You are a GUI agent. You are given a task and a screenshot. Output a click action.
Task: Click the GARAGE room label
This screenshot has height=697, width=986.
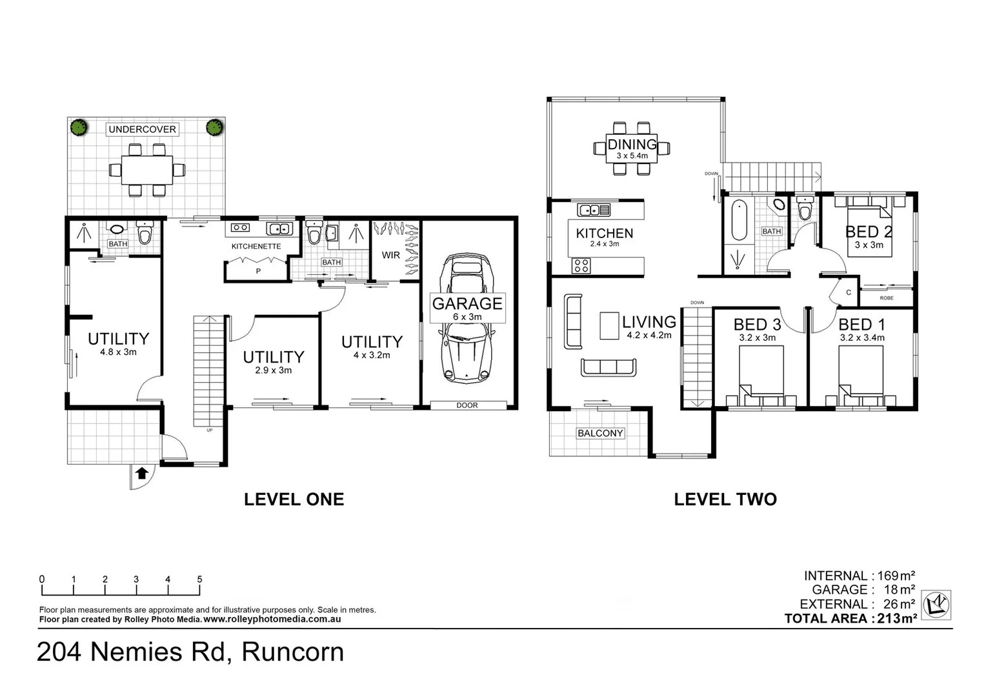coord(467,303)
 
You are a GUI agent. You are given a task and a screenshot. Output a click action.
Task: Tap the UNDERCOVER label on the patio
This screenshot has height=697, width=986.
coord(142,129)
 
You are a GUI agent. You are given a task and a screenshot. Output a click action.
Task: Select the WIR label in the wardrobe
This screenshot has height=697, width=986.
coord(390,255)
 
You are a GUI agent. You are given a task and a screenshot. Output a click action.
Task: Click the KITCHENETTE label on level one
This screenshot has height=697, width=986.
coord(256,247)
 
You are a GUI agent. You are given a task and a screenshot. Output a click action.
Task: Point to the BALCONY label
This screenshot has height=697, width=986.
coord(600,433)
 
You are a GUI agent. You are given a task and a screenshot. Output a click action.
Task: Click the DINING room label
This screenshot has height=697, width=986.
coord(632,145)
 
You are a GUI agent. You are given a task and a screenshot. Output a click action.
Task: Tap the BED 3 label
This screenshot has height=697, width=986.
coord(757,325)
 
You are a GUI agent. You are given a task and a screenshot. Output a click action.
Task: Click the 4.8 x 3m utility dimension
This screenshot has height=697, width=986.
coord(118,352)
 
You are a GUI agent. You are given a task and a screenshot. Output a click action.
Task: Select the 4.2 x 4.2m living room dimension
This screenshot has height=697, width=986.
coord(649,336)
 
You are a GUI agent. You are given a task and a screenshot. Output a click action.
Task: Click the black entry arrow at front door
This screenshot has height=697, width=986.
coord(142,474)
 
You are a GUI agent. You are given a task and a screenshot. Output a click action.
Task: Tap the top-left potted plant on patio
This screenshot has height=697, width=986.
coord(78,127)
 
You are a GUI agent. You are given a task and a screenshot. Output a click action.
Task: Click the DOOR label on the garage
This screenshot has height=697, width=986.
coord(467,405)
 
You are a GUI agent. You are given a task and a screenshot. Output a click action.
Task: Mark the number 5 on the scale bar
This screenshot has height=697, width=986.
coord(199,580)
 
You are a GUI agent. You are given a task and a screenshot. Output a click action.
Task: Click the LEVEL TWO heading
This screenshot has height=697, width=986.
coord(725,499)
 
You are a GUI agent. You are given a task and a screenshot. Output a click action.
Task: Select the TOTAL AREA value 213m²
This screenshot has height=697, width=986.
coord(896,618)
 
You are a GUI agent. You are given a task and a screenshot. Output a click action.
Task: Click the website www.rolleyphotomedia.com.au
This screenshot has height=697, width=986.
coord(272,619)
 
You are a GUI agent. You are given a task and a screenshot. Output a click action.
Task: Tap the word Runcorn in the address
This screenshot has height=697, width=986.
coord(292,652)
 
